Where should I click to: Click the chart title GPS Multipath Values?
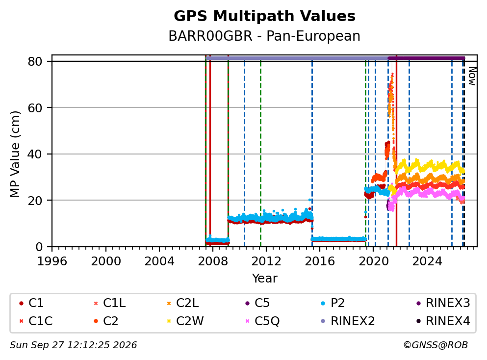tap(264, 16)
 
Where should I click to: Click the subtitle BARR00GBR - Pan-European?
tap(264, 36)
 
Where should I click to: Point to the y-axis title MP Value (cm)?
tap(15, 154)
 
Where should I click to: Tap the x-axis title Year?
tap(265, 278)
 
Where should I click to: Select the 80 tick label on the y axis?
tap(35, 61)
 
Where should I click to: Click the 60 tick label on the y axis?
tap(35, 108)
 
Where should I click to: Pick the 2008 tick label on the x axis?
tap(213, 261)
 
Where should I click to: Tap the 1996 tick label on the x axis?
tap(52, 261)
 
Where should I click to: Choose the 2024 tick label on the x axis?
tap(427, 261)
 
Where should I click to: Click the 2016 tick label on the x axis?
tap(320, 261)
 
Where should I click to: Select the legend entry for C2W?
tap(185, 321)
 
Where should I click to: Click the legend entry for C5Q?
tap(262, 321)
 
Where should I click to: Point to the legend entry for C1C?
tap(36, 321)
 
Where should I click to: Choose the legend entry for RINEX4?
tap(443, 321)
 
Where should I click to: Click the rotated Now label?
tap(472, 76)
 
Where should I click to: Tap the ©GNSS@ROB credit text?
tap(436, 345)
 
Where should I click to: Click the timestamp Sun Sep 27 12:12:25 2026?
tap(73, 345)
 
